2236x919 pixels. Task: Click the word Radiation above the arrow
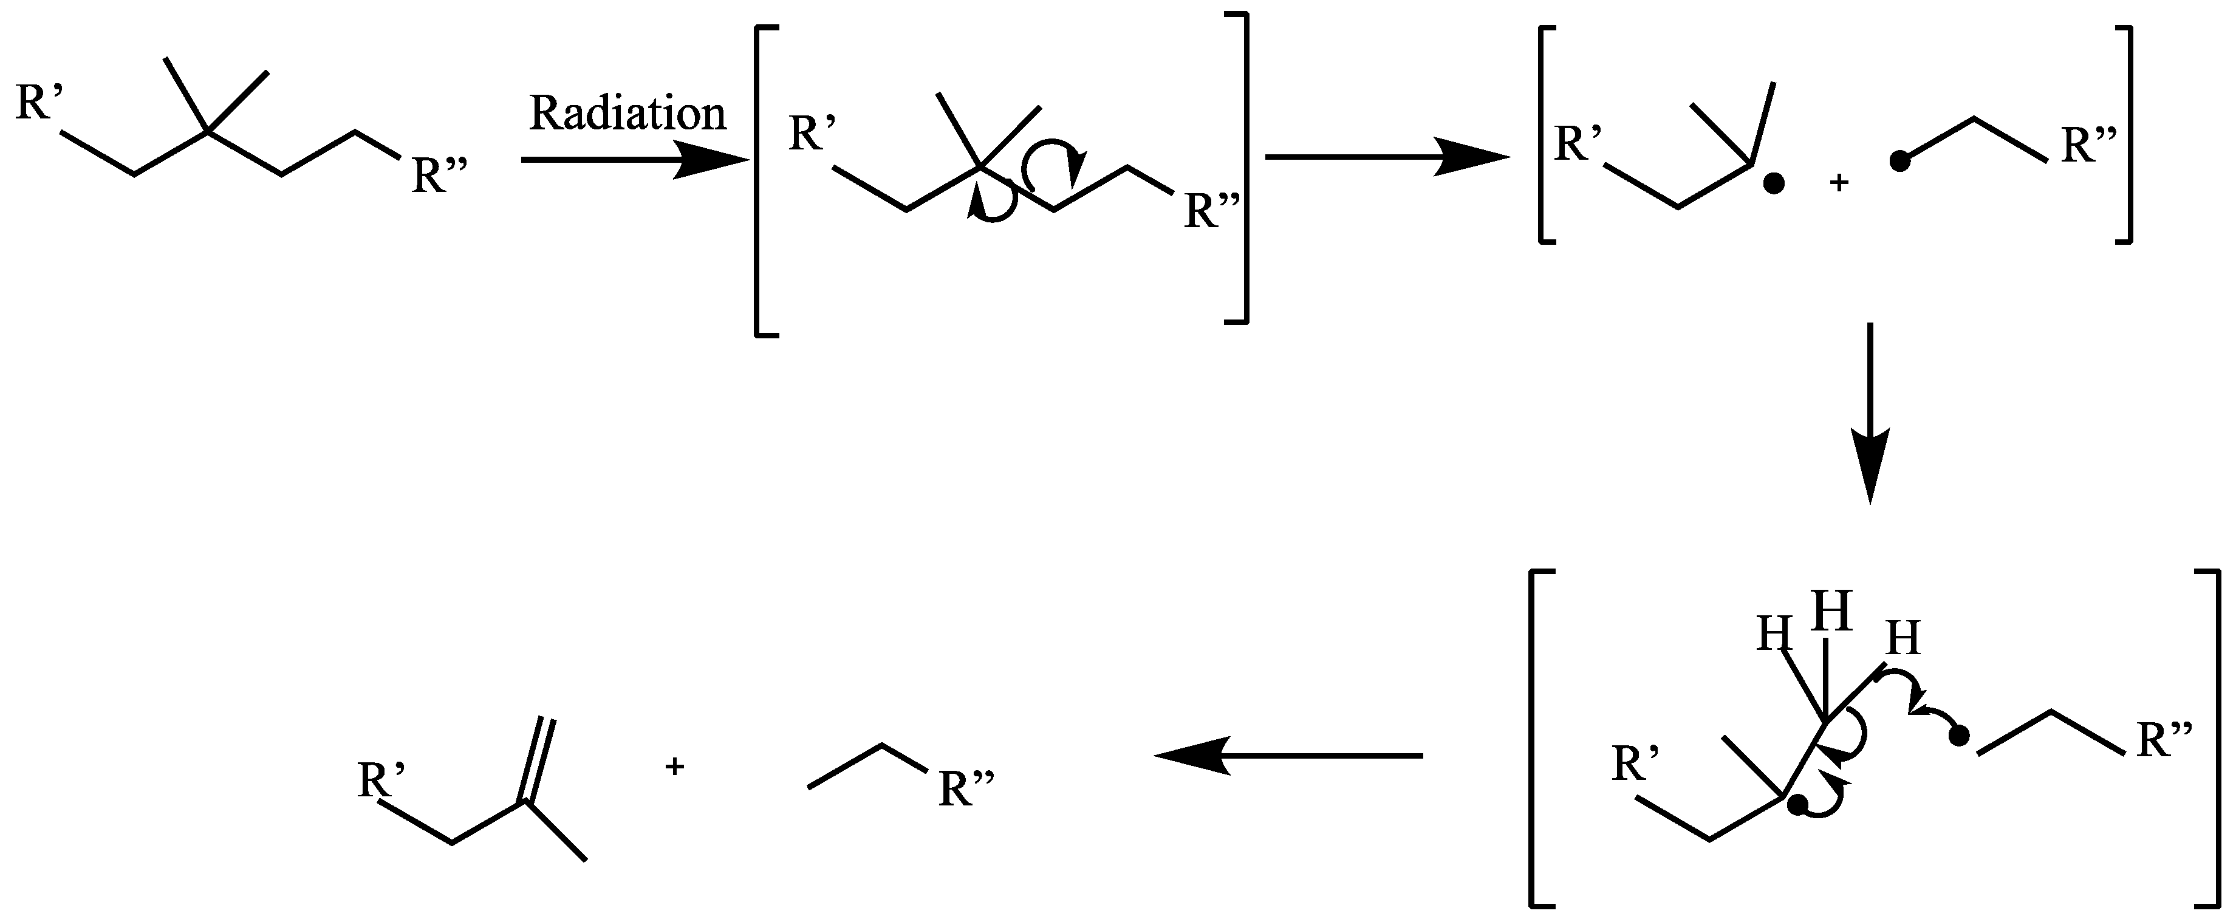coord(627,114)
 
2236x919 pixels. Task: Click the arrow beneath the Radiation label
coord(634,160)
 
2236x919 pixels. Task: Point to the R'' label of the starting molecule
coord(440,176)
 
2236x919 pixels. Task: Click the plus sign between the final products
coord(674,767)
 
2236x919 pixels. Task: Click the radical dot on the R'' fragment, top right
coord(1900,162)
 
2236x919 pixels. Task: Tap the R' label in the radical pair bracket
coord(1576,144)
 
